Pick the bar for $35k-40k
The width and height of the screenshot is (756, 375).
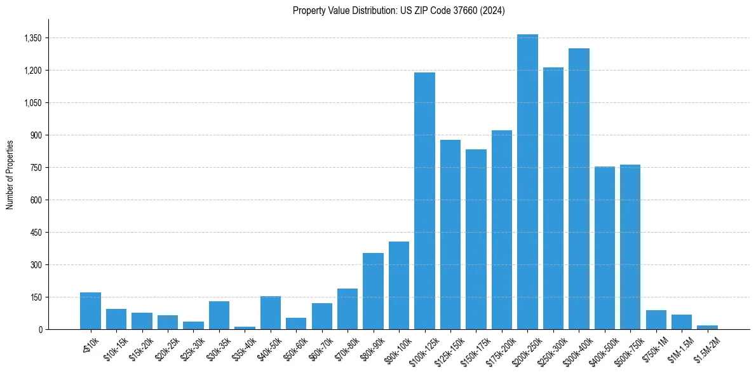click(x=245, y=328)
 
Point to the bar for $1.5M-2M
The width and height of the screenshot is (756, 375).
click(x=707, y=327)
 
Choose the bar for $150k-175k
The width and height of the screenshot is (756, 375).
click(x=476, y=239)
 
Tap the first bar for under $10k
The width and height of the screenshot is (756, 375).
click(x=90, y=311)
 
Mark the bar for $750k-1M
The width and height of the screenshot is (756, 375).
click(x=656, y=320)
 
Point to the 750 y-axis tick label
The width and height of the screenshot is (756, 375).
click(x=36, y=168)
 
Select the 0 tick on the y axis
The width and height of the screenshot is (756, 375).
click(x=40, y=329)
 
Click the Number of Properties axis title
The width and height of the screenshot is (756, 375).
click(x=10, y=174)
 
